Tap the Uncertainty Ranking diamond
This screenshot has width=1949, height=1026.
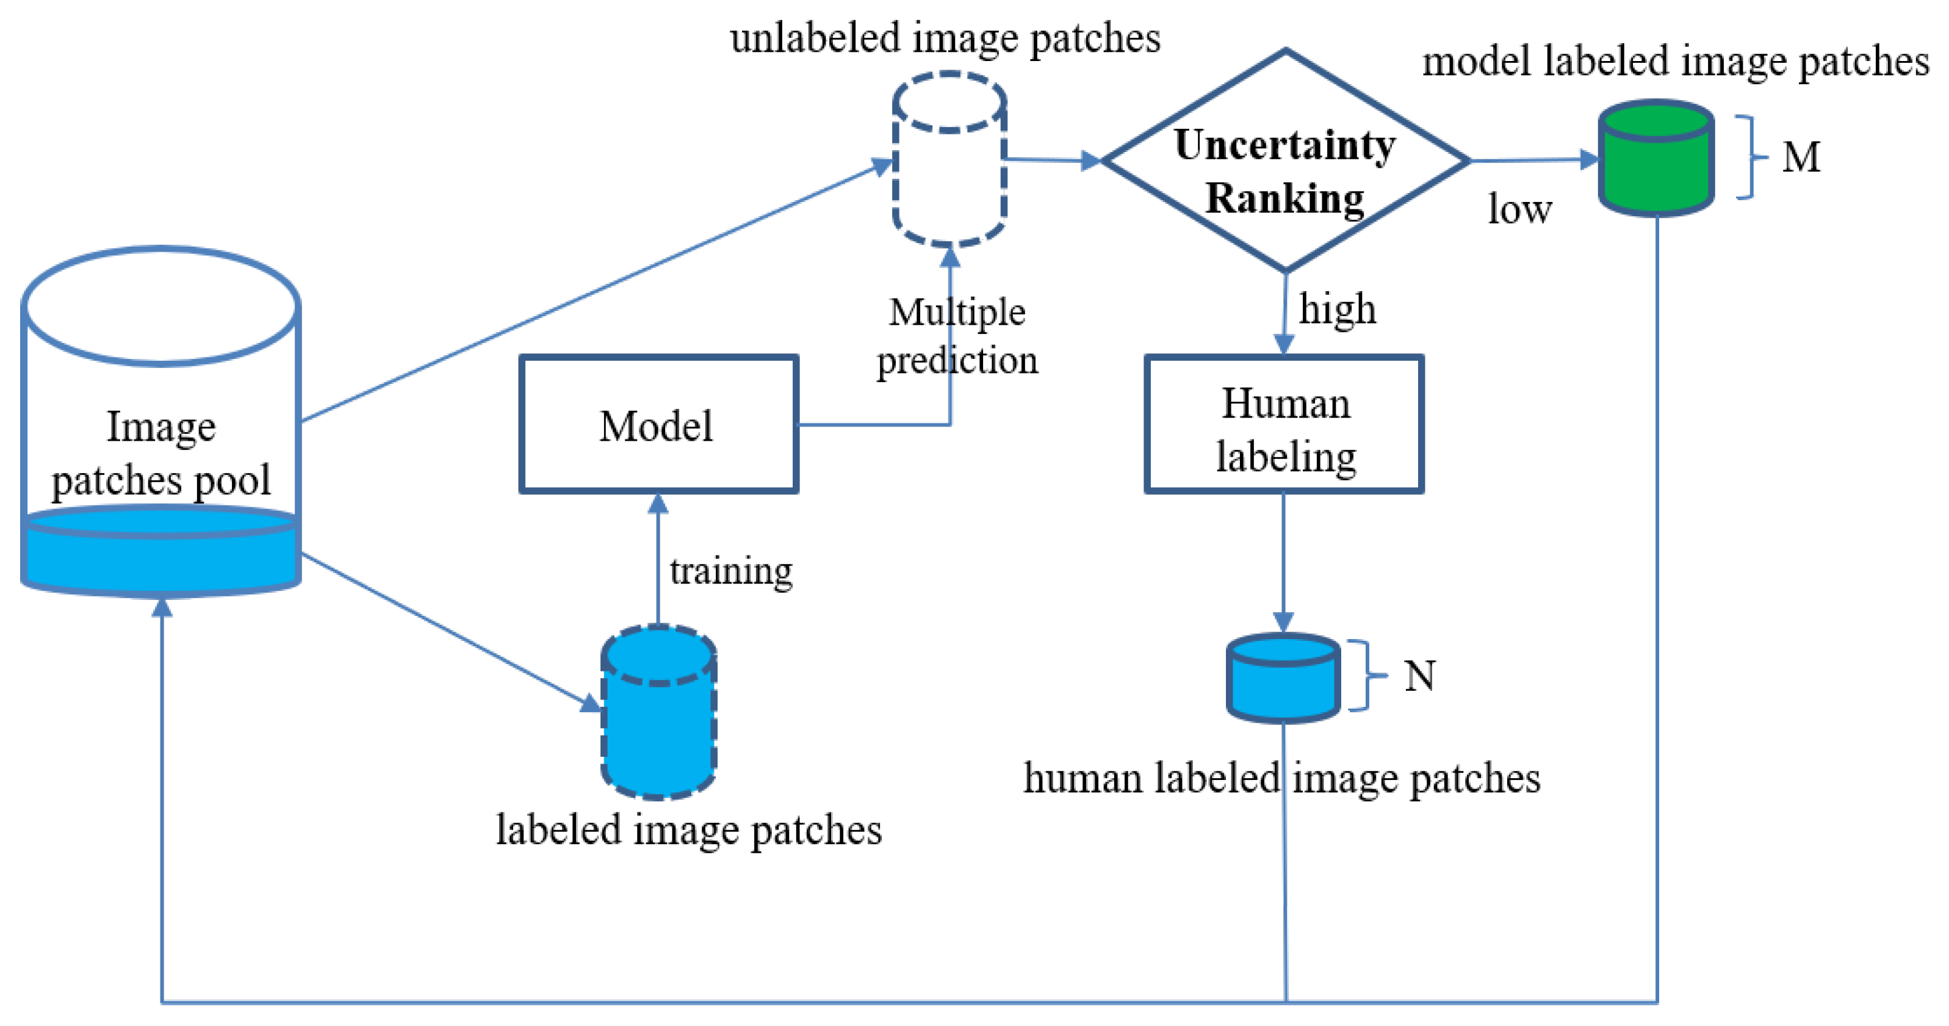click(1284, 161)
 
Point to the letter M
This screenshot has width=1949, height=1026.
click(1801, 157)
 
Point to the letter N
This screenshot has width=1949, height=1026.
click(1419, 676)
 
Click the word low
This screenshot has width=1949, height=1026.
click(1519, 209)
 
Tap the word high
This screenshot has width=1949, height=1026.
click(1337, 309)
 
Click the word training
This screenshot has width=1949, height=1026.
click(731, 571)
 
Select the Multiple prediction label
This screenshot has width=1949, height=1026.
click(957, 336)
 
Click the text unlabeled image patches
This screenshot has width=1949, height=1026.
click(945, 38)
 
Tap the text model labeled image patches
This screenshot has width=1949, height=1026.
click(1675, 61)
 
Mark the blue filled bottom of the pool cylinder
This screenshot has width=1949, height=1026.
click(160, 556)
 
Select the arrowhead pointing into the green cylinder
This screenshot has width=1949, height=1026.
click(1589, 160)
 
